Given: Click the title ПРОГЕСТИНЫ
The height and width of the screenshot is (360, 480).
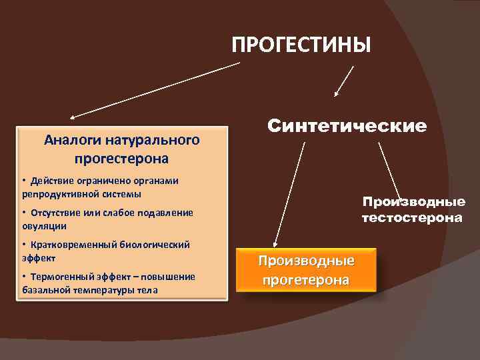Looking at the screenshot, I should point(301,45).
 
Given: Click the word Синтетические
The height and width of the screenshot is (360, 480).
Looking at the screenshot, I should point(347,125).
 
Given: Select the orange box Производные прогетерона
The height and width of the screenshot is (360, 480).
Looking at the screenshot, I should point(306,270).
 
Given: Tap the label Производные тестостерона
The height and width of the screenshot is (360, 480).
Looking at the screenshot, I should point(413,209).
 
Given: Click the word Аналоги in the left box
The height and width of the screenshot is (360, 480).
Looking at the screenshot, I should point(68,140).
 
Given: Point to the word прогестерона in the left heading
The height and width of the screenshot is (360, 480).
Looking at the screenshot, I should point(121,159).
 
